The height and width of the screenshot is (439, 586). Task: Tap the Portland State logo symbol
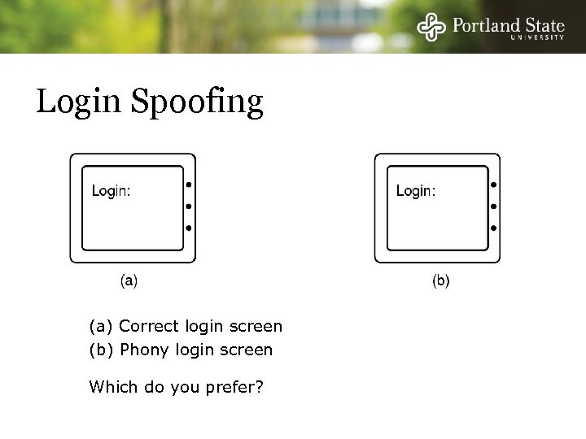432,28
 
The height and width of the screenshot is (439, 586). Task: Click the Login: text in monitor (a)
111,191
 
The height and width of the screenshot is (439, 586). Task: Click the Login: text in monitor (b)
415,191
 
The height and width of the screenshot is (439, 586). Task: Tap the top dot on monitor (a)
189,185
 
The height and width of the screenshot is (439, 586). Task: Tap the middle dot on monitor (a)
189,206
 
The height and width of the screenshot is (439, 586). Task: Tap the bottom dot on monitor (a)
189,228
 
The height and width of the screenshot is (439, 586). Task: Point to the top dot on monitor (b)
493,185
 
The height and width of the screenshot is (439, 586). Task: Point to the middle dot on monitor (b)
493,206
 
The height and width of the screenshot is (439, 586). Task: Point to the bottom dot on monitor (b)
493,228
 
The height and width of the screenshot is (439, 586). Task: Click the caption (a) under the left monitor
129,281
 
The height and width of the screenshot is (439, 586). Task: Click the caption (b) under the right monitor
439,281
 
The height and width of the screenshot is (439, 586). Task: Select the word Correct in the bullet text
147,327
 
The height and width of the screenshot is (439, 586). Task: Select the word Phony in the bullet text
142,350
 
